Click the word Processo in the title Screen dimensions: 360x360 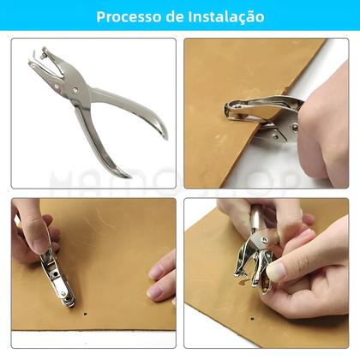128,17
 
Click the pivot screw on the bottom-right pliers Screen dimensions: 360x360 265,242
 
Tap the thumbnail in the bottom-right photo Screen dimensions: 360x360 277,270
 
